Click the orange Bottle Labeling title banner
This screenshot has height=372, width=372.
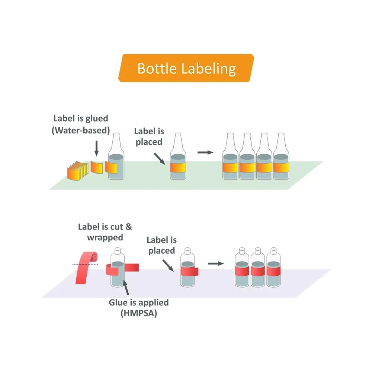coord(186,68)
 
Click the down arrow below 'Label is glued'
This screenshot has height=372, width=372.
coord(97,148)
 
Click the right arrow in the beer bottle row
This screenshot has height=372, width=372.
coord(205,152)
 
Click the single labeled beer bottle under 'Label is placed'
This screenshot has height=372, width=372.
coord(178,160)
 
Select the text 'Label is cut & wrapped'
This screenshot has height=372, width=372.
coord(105,232)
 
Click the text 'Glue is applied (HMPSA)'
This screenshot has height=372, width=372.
coord(138,308)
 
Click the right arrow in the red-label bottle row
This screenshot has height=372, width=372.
coord(215,263)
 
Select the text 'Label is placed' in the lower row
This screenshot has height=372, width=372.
coord(161,245)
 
